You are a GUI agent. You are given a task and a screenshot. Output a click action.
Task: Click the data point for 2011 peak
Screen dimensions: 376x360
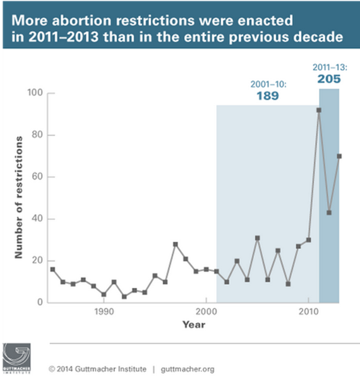click(x=319, y=110)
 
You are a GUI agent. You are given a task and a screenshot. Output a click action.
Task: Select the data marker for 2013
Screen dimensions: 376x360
click(x=339, y=156)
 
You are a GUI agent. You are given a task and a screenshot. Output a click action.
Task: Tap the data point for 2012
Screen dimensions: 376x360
click(x=329, y=212)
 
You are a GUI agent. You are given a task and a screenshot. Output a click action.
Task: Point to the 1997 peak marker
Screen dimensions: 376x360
click(x=176, y=244)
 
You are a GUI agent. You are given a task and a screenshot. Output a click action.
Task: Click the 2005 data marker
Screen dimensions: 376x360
click(x=258, y=238)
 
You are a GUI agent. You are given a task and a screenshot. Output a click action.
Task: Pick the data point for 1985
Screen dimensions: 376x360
click(x=52, y=269)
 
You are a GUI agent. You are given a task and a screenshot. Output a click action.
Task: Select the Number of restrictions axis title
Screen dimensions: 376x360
click(x=19, y=198)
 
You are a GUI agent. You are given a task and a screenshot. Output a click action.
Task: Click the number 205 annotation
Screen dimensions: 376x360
click(x=329, y=79)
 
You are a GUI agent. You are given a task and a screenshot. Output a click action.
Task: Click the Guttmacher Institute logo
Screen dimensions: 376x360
click(x=16, y=358)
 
